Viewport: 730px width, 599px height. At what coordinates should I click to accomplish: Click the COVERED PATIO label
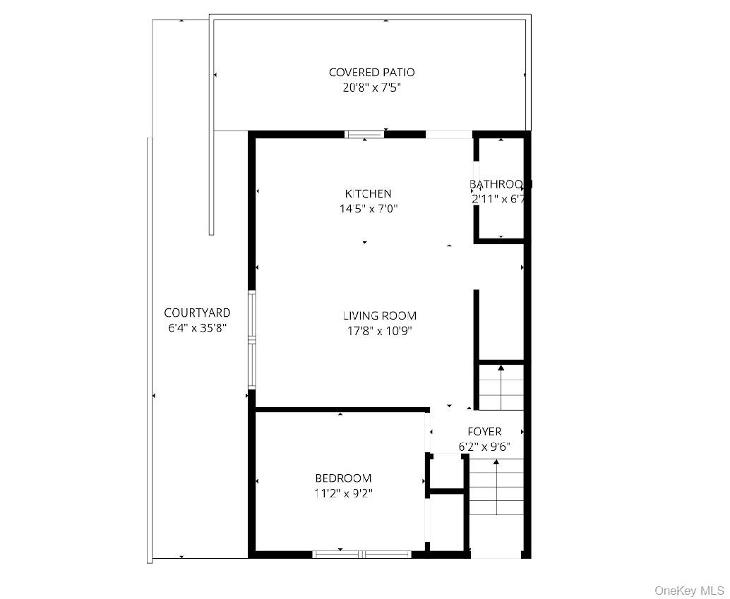[371, 72]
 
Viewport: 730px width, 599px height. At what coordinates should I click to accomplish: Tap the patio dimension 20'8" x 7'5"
[371, 88]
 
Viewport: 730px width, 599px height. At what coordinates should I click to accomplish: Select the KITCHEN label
[368, 193]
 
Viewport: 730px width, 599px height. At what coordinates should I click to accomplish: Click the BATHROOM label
[500, 184]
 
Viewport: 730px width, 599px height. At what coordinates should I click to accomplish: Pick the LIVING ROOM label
[380, 315]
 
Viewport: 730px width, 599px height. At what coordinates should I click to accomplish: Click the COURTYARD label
[197, 313]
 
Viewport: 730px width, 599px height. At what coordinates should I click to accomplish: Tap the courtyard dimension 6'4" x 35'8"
[197, 328]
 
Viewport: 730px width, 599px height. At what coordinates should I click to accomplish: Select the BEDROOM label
[343, 478]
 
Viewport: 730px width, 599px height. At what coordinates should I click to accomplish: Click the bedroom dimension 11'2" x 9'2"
[343, 494]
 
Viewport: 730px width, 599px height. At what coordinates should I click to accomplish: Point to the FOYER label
[484, 431]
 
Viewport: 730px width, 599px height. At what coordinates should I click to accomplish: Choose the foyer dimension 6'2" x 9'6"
[484, 447]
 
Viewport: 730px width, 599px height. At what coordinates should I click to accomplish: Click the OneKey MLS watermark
[689, 590]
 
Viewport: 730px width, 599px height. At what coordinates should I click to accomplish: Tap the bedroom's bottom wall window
[362, 554]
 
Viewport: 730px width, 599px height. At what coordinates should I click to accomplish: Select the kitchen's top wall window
[364, 134]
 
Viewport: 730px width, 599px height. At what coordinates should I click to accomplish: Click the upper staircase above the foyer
[501, 387]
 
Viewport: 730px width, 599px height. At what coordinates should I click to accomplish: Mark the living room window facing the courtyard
[251, 340]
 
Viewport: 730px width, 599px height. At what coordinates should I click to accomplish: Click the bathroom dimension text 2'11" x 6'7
[500, 200]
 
